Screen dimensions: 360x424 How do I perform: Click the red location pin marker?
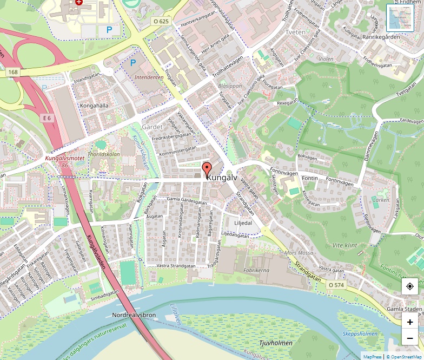point(207,169)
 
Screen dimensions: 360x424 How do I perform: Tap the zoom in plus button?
point(409,322)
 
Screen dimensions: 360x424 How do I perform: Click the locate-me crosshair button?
point(409,286)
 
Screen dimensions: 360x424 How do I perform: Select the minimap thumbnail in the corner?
point(400,17)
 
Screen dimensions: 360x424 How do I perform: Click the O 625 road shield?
point(161,21)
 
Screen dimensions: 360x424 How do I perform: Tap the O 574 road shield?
point(336,284)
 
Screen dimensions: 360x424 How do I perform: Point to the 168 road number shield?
point(13,72)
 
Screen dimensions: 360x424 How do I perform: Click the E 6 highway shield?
point(47,118)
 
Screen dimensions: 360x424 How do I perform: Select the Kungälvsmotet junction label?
point(64,158)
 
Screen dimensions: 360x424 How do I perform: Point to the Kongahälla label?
point(94,106)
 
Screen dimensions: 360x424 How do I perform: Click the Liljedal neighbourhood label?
point(243,222)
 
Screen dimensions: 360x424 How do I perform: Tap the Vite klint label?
point(345,245)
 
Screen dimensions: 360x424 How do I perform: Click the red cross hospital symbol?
point(79,2)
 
